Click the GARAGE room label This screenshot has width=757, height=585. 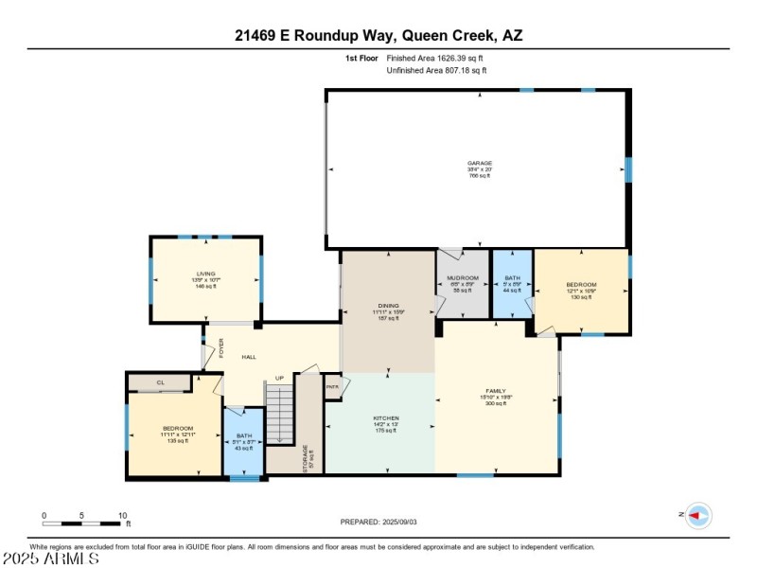[x=479, y=163]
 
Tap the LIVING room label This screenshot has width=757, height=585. [x=206, y=274]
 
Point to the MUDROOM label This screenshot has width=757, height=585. [x=462, y=278]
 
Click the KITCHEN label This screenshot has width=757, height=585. [x=386, y=417]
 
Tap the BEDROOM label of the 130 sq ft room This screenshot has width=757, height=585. [x=581, y=285]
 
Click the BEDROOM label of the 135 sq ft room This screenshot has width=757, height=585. [x=177, y=429]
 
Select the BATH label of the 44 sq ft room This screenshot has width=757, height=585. [x=512, y=278]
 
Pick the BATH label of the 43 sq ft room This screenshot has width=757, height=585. [x=244, y=435]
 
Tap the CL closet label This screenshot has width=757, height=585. [x=160, y=382]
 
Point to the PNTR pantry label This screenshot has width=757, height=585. [x=332, y=386]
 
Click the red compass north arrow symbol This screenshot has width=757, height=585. [x=698, y=515]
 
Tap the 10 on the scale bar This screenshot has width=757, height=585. [x=122, y=516]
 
